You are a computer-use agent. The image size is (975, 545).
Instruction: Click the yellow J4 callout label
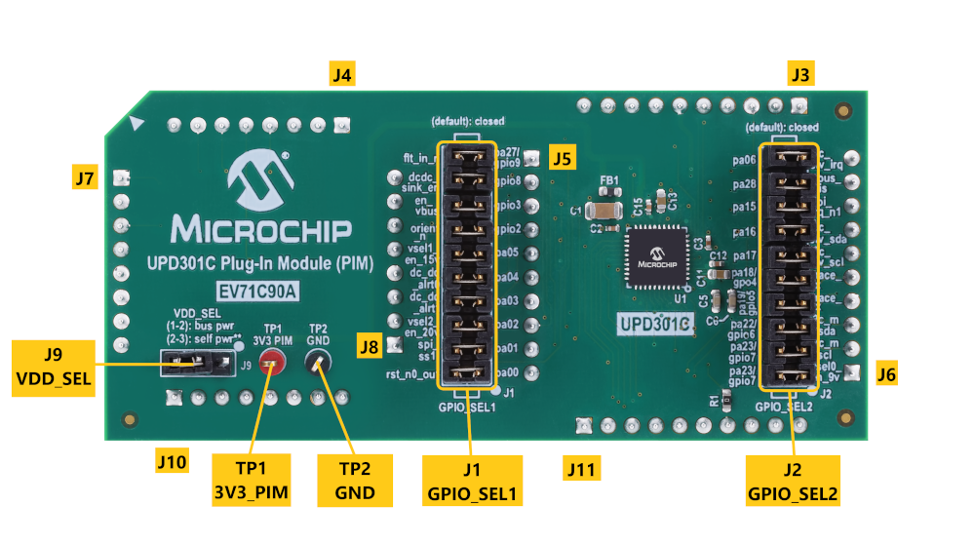click(341, 74)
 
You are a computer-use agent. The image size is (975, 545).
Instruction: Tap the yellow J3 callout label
click(800, 74)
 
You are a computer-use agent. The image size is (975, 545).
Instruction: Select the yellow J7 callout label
click(86, 177)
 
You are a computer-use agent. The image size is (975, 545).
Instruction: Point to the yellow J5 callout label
click(563, 156)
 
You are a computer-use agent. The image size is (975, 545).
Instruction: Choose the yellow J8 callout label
click(369, 344)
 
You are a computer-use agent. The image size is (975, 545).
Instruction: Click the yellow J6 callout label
click(886, 372)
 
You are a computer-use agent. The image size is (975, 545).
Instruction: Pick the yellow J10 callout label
click(173, 459)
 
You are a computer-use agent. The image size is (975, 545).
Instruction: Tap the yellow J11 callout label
click(581, 470)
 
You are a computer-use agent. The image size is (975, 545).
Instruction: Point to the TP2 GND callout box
click(355, 480)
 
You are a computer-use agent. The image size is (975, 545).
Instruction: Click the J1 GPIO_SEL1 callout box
click(472, 482)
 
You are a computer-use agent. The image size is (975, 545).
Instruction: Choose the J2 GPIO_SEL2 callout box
click(793, 482)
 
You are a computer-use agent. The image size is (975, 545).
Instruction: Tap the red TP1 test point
click(274, 364)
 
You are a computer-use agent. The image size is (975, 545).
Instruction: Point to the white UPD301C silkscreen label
click(653, 323)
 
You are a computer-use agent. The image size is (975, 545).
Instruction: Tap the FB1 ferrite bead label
click(609, 181)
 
